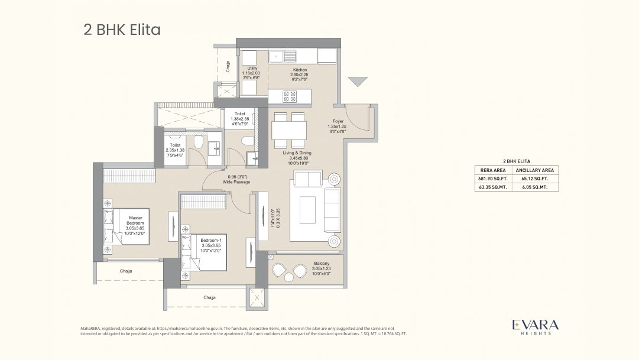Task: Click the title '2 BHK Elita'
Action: coord(122,30)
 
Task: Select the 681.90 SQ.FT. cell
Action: coord(491,178)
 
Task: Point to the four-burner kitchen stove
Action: coord(289,96)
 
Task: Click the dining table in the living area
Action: coord(289,129)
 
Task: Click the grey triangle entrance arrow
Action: coord(357,82)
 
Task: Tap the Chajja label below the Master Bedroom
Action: coord(126,271)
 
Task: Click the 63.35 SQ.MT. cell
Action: coord(491,187)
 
